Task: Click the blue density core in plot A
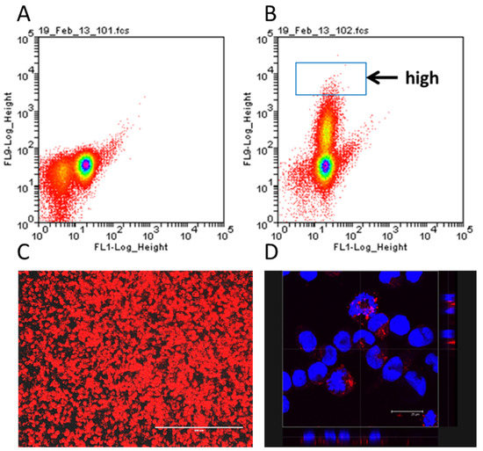(86, 164)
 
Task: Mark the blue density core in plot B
(325, 164)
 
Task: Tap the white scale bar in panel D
(407, 411)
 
